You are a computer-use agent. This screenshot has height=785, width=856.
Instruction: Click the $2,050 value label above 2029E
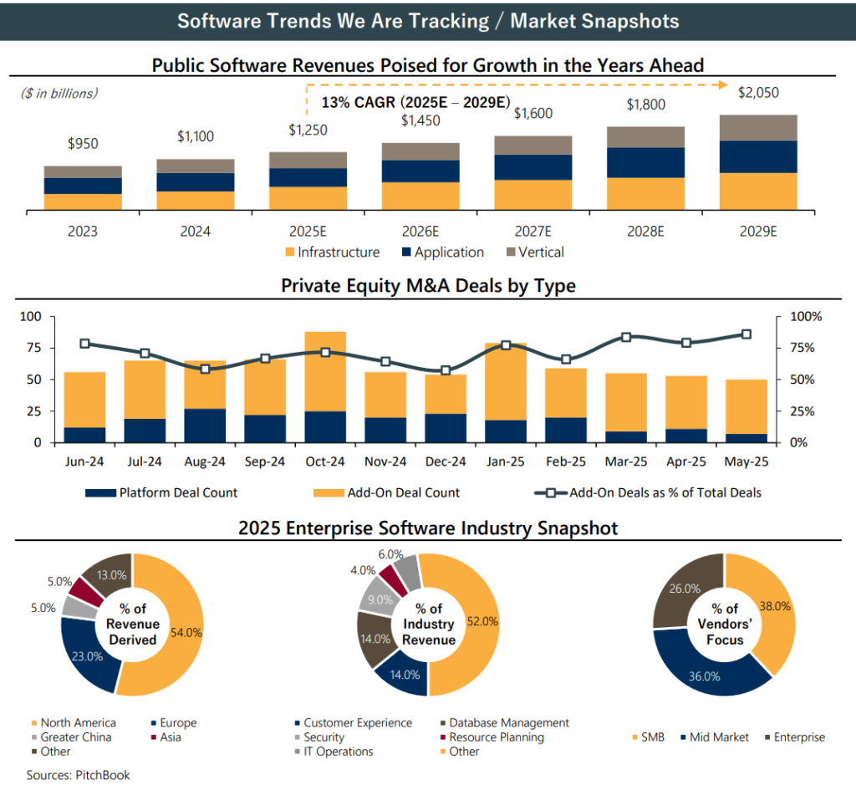pyautogui.click(x=758, y=93)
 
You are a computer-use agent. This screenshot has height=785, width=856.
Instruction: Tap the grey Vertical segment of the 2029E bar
pyautogui.click(x=758, y=128)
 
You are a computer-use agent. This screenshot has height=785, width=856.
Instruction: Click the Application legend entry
pyautogui.click(x=442, y=252)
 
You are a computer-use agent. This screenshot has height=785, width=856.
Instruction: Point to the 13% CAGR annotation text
pyautogui.click(x=415, y=103)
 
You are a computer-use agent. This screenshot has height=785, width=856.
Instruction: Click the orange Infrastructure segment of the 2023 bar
pyautogui.click(x=83, y=201)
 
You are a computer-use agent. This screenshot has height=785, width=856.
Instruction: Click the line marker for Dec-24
pyautogui.click(x=446, y=370)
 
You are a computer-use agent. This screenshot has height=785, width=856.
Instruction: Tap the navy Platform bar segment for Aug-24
pyautogui.click(x=205, y=425)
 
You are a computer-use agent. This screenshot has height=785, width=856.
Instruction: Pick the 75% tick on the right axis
pyautogui.click(x=807, y=348)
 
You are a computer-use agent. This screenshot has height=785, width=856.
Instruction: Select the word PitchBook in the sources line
pyautogui.click(x=103, y=775)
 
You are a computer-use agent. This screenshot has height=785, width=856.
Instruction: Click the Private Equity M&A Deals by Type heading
pyautogui.click(x=428, y=286)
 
